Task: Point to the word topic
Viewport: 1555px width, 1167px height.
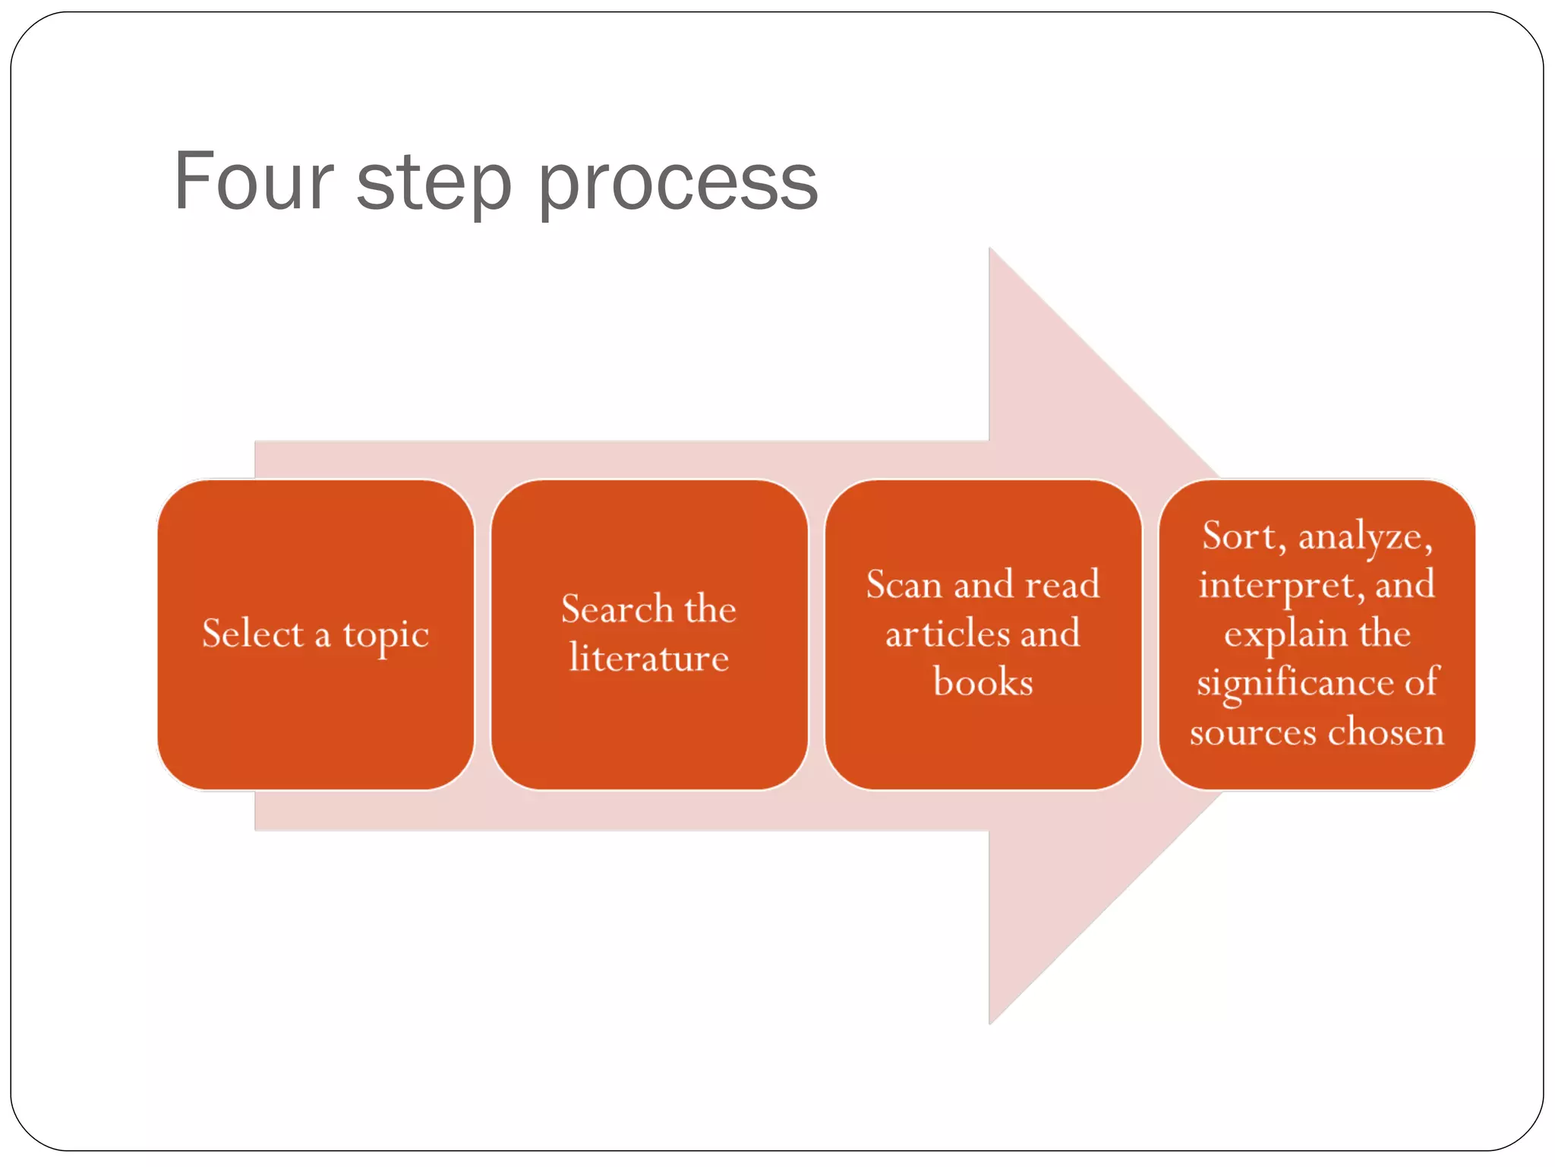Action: (x=386, y=635)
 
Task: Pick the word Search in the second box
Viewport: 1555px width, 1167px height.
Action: (x=617, y=609)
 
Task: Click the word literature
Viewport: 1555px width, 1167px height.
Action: (x=649, y=658)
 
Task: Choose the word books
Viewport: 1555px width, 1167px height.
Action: (x=983, y=682)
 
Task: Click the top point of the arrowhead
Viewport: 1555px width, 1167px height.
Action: (x=990, y=249)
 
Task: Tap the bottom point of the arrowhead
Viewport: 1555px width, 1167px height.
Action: (x=990, y=1023)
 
